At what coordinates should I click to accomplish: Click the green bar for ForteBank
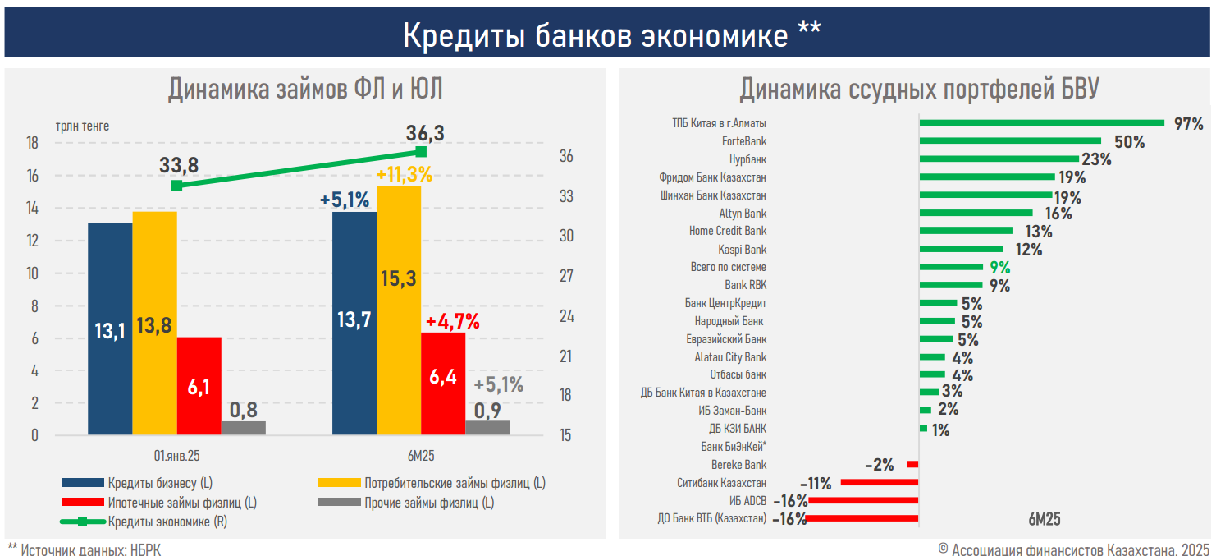(1010, 141)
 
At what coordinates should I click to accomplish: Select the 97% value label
(1188, 124)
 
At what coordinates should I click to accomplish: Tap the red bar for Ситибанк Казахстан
(879, 483)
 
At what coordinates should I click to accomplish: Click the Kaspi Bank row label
(742, 249)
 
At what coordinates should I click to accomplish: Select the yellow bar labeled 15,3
(399, 310)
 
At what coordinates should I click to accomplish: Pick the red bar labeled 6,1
(199, 386)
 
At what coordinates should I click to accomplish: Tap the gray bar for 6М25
(487, 427)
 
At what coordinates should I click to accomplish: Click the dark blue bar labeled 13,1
(110, 329)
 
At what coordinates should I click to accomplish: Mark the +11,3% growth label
(404, 174)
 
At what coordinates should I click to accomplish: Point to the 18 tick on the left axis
(33, 143)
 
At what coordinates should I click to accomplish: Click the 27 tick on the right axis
(565, 277)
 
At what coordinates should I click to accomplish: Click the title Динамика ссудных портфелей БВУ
(918, 89)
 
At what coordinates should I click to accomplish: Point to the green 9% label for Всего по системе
(999, 268)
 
